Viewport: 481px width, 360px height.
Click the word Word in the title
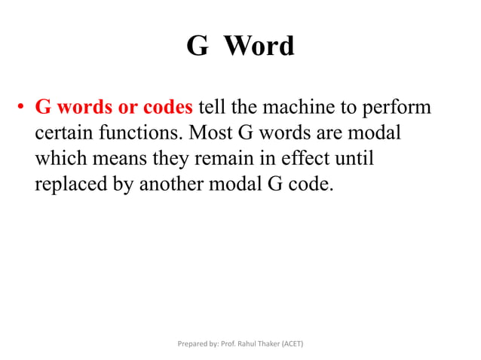[x=259, y=47]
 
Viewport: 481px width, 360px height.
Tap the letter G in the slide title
[x=197, y=47]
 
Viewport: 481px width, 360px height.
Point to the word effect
[x=314, y=159]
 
